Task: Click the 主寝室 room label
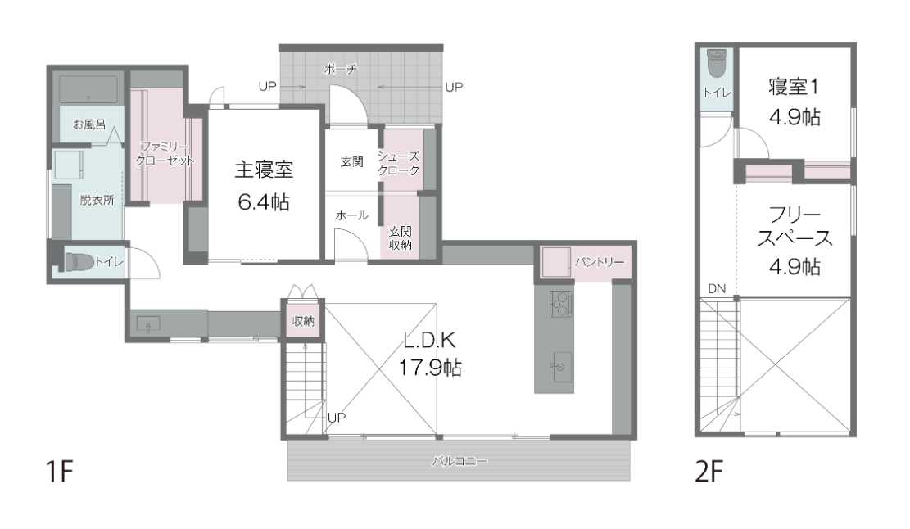click(264, 170)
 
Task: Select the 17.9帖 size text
click(429, 367)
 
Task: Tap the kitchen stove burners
click(560, 302)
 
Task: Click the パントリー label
click(600, 262)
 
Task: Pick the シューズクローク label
click(398, 164)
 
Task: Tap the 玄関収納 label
click(400, 238)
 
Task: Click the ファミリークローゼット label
click(165, 154)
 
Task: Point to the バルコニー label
click(459, 462)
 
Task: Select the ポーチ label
click(341, 70)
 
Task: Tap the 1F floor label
click(59, 472)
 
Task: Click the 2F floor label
click(709, 472)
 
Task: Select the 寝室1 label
click(794, 87)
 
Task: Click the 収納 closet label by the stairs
click(303, 321)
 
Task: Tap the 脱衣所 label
click(97, 201)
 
